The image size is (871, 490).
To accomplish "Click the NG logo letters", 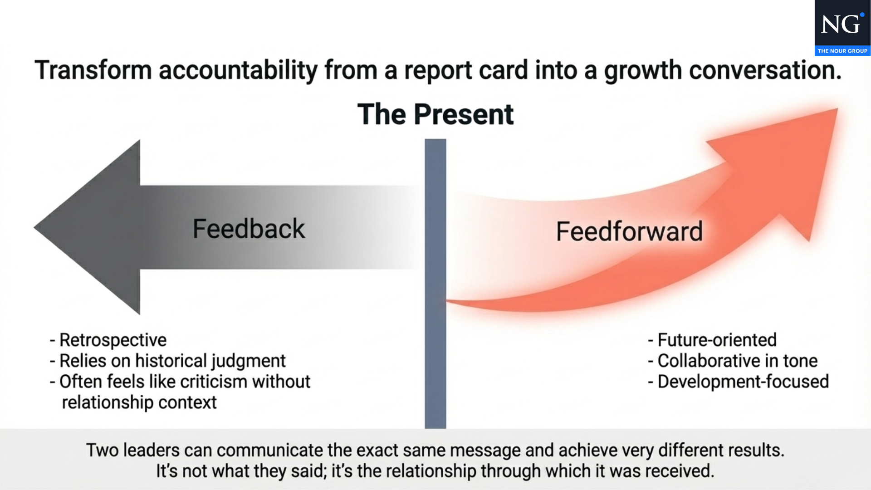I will click(841, 24).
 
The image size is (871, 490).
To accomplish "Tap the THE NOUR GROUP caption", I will click(842, 51).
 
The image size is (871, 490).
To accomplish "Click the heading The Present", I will click(435, 114).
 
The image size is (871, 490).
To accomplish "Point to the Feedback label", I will click(249, 229).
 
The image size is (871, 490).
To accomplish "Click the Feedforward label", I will click(629, 231).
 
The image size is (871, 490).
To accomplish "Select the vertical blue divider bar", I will click(435, 284).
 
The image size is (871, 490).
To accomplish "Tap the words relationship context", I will click(139, 402).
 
